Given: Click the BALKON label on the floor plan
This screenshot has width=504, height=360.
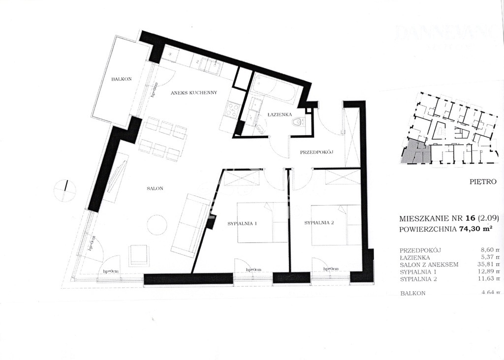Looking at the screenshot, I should [121, 79].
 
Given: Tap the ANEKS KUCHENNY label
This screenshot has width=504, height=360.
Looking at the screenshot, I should [194, 92].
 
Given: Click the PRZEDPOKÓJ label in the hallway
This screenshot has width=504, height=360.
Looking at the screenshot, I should [317, 152].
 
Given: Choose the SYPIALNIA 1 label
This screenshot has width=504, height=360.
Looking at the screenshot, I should [242, 223].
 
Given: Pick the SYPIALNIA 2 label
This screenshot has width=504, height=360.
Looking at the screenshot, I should [319, 223].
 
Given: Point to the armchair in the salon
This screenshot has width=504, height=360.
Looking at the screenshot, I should [138, 255].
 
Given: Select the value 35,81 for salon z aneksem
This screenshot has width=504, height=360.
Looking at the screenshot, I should [487, 264].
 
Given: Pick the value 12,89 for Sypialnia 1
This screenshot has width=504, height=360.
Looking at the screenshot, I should [487, 271].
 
